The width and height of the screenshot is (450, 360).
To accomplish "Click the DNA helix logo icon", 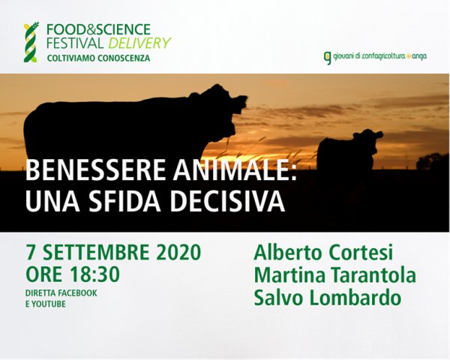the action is point(31,42).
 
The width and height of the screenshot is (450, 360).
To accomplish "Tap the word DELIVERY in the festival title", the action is point(139,43).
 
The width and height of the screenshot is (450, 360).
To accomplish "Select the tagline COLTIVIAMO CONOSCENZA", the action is point(98,58).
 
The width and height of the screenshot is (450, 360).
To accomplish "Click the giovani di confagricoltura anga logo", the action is point(375,57).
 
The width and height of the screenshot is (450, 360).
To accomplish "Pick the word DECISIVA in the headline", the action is point(226,201).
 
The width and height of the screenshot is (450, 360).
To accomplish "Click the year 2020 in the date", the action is point(179,252).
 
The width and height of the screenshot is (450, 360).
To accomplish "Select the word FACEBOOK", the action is point(77,293).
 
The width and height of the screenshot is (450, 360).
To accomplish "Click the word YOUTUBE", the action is point(49,304).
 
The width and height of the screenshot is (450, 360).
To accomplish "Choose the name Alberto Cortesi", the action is point(323,252).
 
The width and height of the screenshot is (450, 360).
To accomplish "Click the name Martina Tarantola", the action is point(335,274).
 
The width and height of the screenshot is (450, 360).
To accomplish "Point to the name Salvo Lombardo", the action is point(328,298).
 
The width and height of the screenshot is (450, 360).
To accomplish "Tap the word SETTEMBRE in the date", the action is point(96,252).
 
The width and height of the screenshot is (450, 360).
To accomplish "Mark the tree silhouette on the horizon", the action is point(433,162).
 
